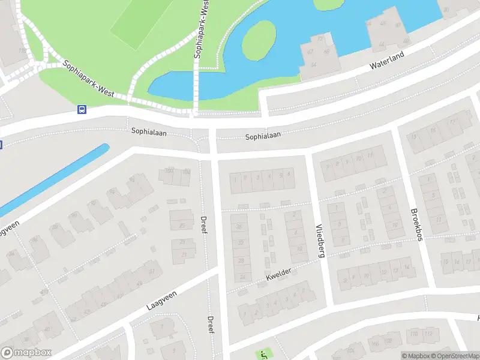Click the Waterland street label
coord(387,59)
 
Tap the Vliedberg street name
coord(320,241)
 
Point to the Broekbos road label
coord(416,225)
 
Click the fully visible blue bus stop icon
coord(82,109)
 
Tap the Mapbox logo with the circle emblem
coord(26,353)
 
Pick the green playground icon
coord(263,355)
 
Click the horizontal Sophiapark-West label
coord(88,79)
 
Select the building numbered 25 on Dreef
coord(182,226)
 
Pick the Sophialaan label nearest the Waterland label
coord(263,137)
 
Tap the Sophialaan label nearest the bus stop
coord(150,131)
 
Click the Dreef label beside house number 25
coord(204,225)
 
